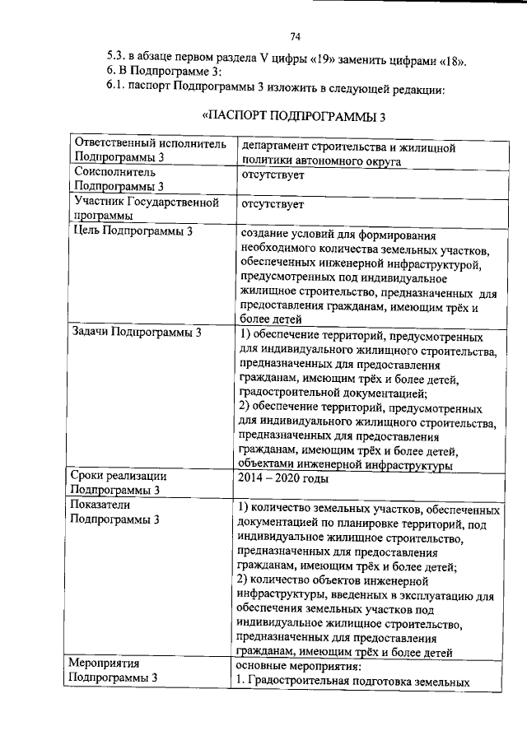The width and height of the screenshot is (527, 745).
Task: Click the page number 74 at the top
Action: pyautogui.click(x=296, y=35)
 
